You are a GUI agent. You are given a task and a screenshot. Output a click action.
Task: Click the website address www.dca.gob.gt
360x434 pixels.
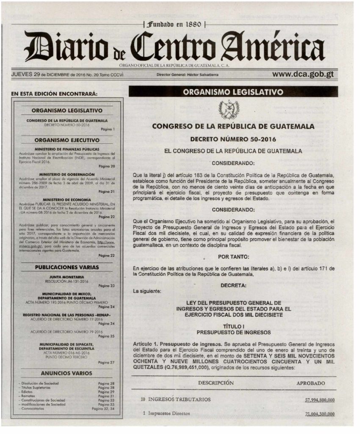303,74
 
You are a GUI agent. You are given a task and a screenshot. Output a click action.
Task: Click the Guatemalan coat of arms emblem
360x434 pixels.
229,109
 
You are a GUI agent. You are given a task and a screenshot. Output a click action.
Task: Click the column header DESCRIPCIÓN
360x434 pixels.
216,383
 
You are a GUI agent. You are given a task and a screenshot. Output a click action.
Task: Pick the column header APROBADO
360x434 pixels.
311,383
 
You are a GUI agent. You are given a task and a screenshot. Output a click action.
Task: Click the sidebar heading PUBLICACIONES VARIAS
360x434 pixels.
67,267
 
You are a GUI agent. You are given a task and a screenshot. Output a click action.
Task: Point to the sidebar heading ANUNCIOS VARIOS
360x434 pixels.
67,373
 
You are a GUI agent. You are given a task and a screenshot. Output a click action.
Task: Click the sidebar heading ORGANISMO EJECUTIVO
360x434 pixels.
67,140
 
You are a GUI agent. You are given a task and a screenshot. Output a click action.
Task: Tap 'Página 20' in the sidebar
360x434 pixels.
107,166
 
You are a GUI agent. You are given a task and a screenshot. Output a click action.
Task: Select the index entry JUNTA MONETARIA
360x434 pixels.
67,277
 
